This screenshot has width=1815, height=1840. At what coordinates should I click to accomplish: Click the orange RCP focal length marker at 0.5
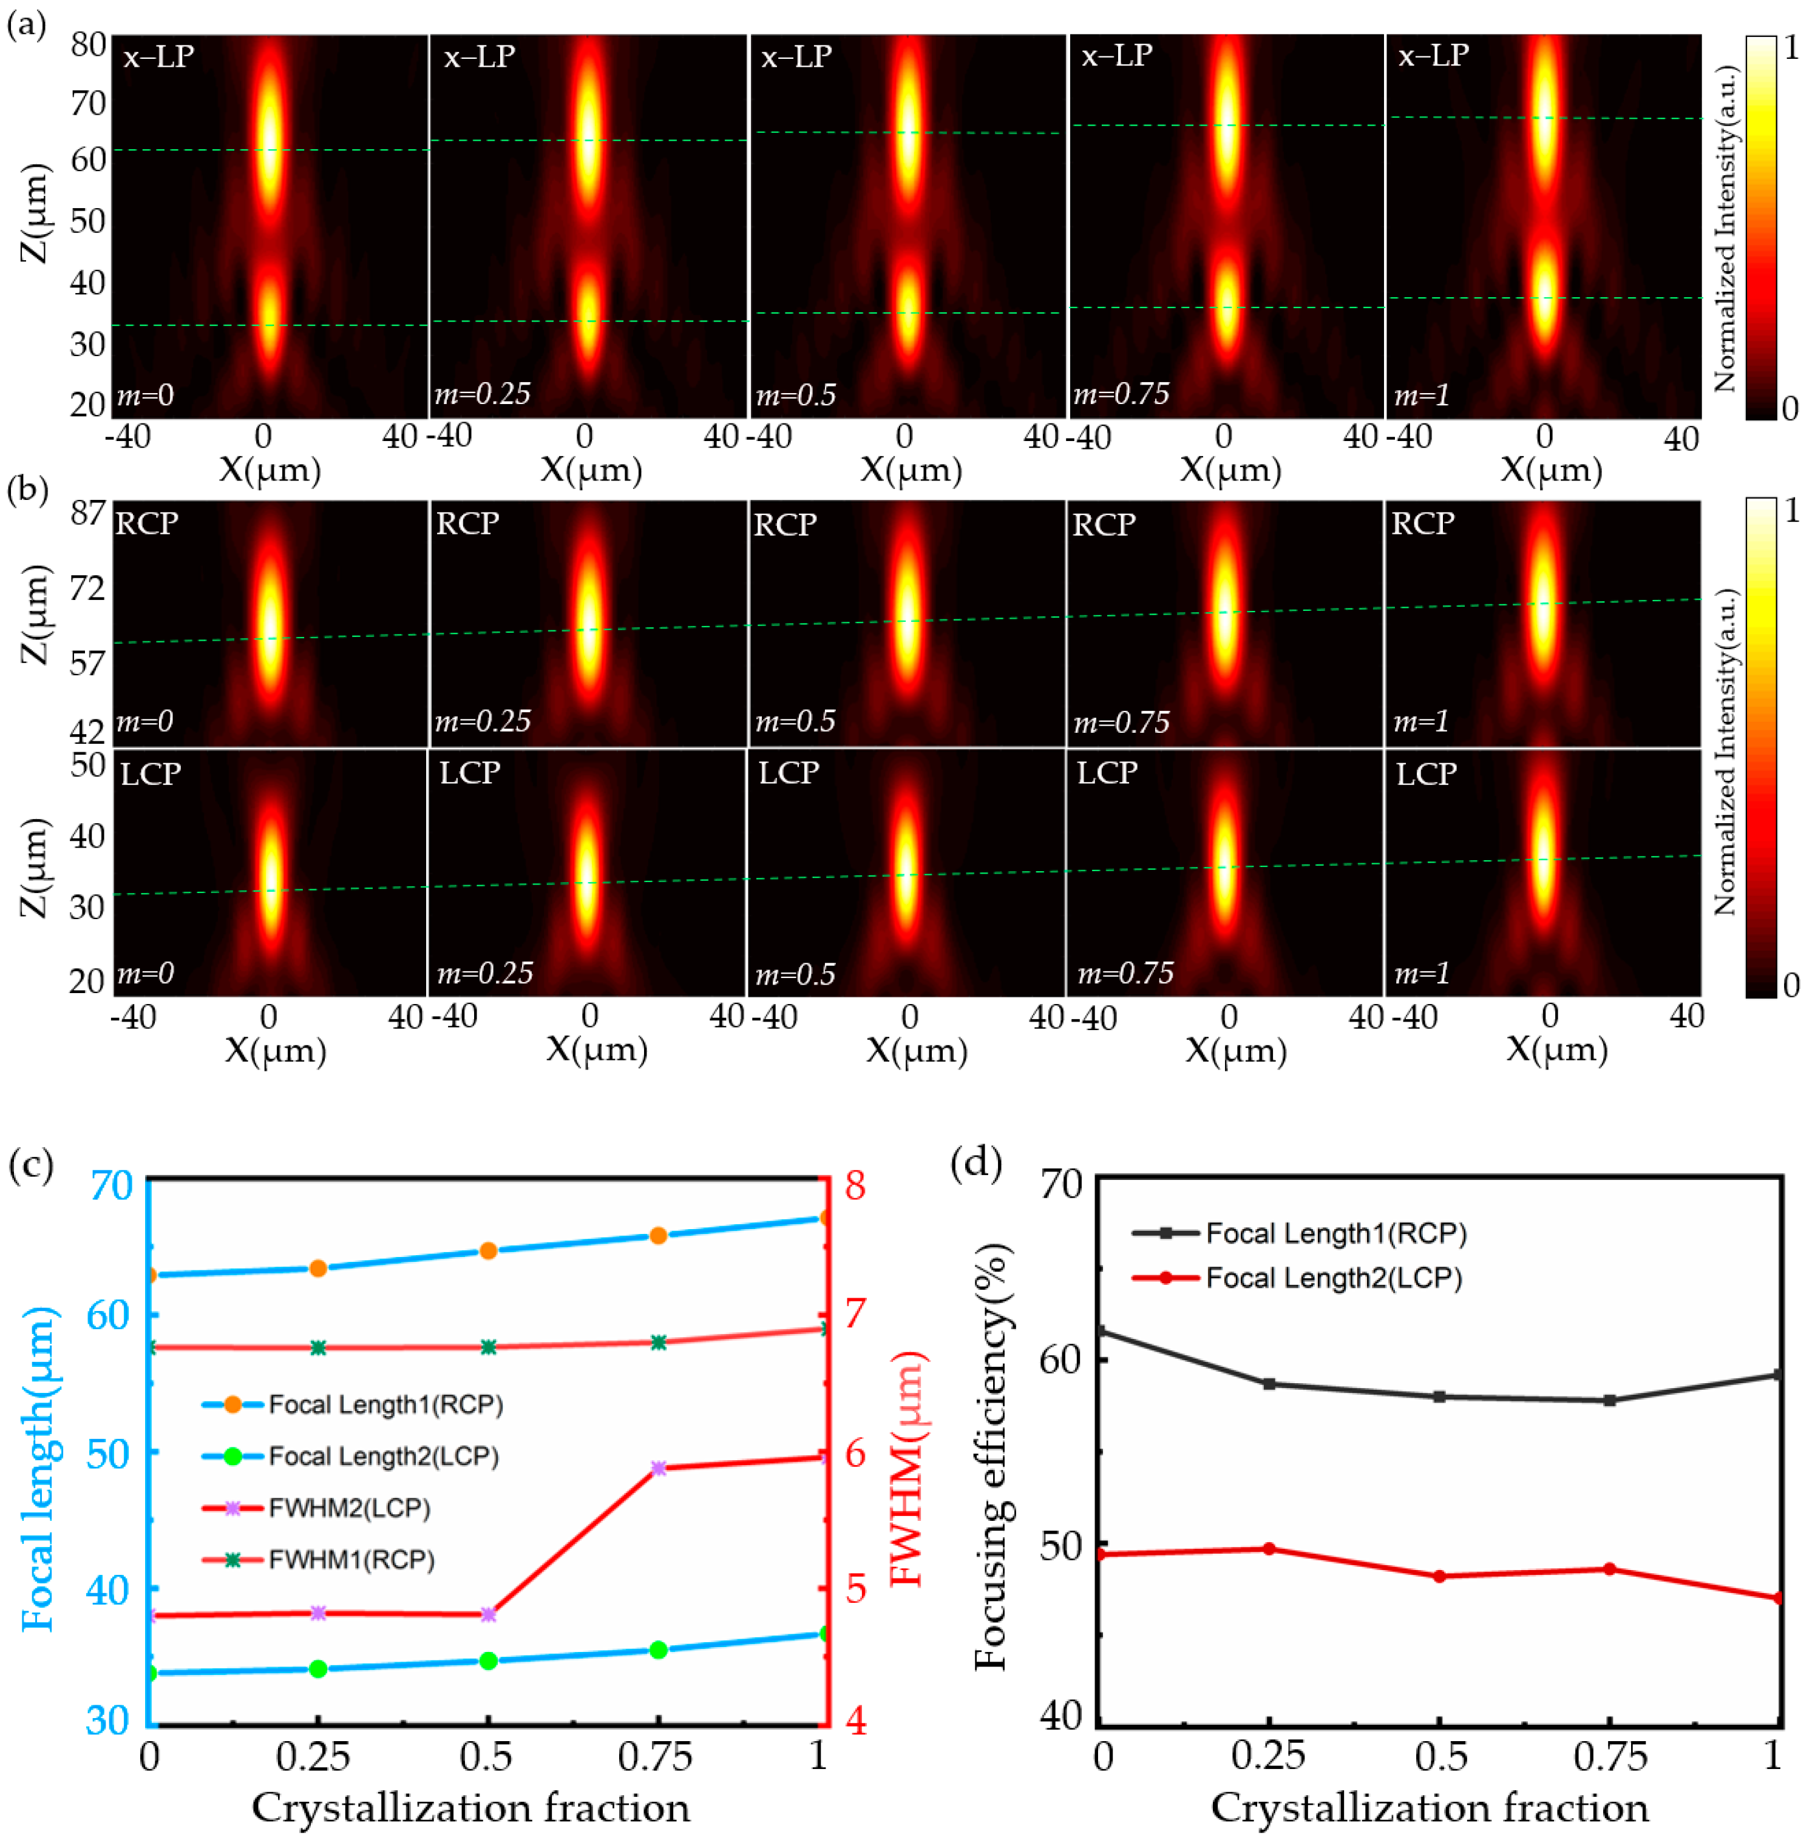pyautogui.click(x=488, y=1250)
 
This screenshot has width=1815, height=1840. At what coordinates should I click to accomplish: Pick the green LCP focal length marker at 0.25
pyautogui.click(x=318, y=1668)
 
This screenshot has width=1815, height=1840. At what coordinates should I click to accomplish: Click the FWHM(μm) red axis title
pyautogui.click(x=906, y=1467)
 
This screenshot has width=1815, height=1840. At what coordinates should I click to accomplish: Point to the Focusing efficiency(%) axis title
pyautogui.click(x=991, y=1457)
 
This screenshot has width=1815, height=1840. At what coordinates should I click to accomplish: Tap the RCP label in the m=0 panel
pyautogui.click(x=147, y=524)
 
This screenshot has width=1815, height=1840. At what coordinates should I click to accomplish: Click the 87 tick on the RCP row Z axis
pyautogui.click(x=87, y=513)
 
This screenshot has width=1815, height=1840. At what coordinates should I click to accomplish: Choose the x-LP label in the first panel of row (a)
pyautogui.click(x=158, y=56)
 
